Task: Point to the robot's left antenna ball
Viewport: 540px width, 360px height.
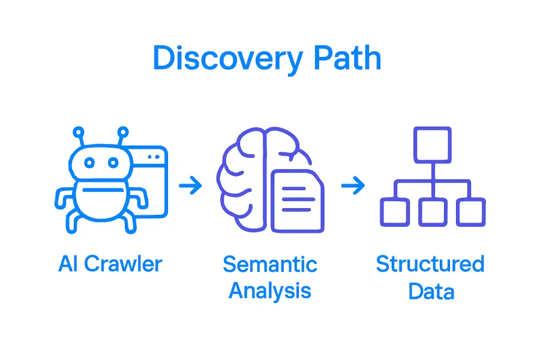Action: [x=77, y=131]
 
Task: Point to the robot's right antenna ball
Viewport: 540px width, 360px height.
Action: [x=123, y=131]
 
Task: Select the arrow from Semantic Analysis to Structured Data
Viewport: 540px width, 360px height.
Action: [x=353, y=186]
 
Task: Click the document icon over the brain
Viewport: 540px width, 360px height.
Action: [x=298, y=201]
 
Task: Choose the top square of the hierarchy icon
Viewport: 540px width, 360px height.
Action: [x=433, y=144]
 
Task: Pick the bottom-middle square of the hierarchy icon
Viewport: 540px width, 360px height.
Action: [x=433, y=212]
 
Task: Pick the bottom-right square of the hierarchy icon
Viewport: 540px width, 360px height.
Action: [x=470, y=212]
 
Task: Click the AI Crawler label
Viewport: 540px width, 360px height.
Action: [x=110, y=265]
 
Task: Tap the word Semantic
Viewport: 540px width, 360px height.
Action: [x=269, y=265]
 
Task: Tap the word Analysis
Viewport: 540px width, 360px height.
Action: [x=270, y=291]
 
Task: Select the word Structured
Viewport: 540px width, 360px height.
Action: [x=430, y=265]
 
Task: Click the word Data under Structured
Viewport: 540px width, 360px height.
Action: [x=431, y=292]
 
